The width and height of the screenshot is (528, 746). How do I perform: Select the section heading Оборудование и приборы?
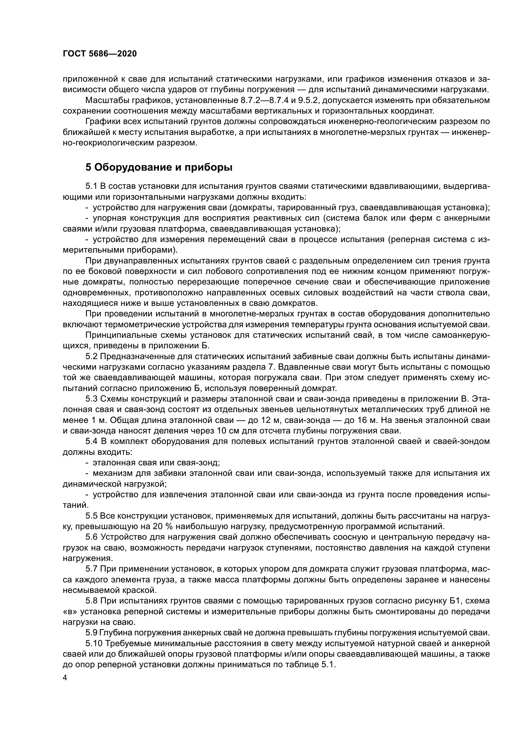coord(159,167)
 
